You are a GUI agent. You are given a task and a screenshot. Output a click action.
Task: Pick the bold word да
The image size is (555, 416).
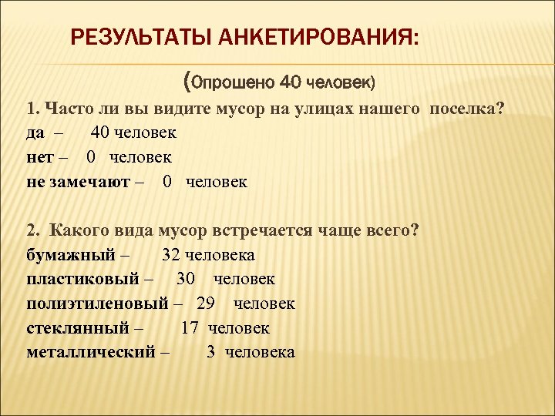[35, 133]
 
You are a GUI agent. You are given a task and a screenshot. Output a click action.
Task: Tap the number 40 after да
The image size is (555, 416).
[101, 133]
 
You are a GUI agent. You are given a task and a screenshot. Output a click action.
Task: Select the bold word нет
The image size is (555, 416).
[39, 157]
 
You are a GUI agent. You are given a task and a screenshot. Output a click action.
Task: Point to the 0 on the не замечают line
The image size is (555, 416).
[167, 182]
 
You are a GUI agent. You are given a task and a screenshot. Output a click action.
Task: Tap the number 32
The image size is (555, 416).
[171, 254]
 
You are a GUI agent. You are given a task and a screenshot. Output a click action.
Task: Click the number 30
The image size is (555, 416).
[185, 279]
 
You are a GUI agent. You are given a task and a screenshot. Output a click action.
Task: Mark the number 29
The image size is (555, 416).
[205, 304]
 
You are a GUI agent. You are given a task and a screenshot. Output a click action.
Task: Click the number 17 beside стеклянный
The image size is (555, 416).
[190, 328]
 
